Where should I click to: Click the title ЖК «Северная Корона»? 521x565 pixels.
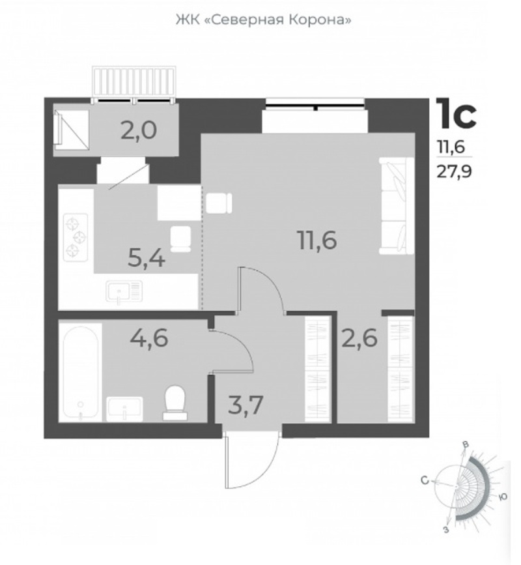(263, 20)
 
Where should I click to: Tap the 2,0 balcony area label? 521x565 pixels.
(139, 130)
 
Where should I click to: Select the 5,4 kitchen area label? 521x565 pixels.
(147, 259)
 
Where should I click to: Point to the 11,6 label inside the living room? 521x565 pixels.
(317, 240)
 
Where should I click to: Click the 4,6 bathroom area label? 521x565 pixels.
(149, 339)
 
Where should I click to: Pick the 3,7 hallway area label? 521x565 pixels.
(247, 406)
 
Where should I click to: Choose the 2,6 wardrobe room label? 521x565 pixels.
(359, 338)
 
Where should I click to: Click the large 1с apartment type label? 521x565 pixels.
(456, 113)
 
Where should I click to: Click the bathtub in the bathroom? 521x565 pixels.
(81, 372)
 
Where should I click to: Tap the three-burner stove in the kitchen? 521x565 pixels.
(76, 237)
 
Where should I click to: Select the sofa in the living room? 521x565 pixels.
(397, 206)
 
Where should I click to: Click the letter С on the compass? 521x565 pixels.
(425, 481)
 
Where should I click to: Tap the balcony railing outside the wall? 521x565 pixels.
(134, 82)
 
